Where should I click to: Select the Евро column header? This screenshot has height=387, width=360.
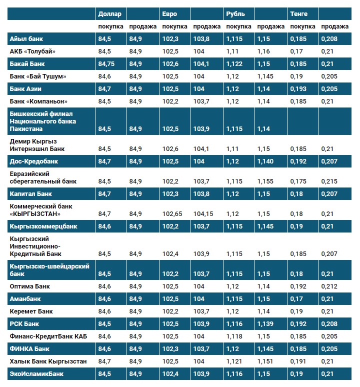pyautogui.click(x=169, y=13)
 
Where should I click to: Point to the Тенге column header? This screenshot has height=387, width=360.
pyautogui.click(x=299, y=13)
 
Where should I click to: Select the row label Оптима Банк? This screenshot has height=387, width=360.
pyautogui.click(x=30, y=286)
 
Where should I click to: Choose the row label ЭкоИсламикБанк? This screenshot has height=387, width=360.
pyautogui.click(x=37, y=373)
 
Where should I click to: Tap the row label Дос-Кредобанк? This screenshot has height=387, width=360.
pyautogui.click(x=34, y=161)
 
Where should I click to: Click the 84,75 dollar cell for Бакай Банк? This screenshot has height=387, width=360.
pyautogui.click(x=107, y=63)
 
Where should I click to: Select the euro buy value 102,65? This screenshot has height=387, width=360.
pyautogui.click(x=172, y=214)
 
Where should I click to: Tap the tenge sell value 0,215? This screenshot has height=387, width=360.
pyautogui.click(x=329, y=181)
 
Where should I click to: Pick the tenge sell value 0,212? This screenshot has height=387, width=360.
pyautogui.click(x=329, y=286)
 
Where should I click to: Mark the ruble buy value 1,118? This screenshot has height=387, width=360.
pyautogui.click(x=234, y=336)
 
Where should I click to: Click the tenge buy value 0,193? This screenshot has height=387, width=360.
pyautogui.click(x=298, y=88)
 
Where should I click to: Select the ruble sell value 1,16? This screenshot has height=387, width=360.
pyautogui.click(x=263, y=51)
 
